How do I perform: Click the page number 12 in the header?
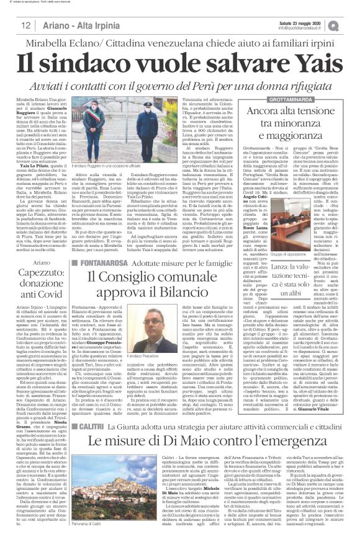(x=26, y=25)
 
